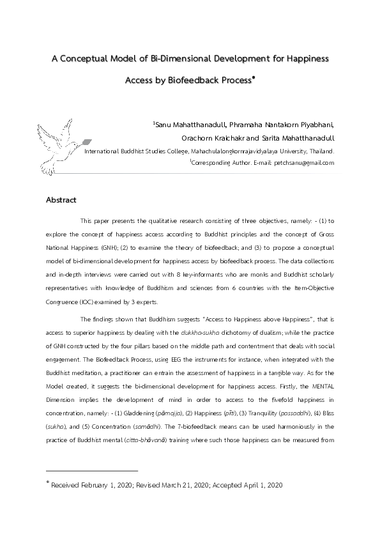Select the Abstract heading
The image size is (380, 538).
[61, 200]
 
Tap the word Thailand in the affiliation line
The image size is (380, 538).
[320, 151]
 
